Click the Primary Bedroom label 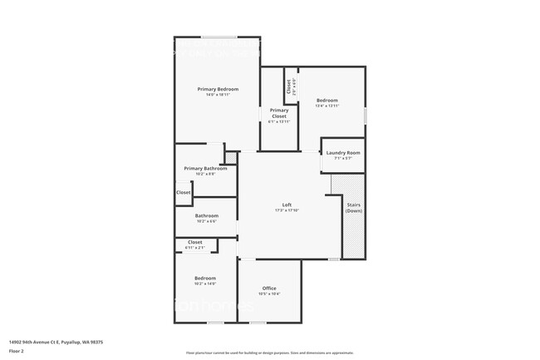[x=218, y=89]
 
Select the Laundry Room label [x=342, y=153]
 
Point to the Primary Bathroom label [x=205, y=169]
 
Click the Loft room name [x=287, y=205]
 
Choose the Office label [x=269, y=288]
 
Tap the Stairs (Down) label [x=354, y=207]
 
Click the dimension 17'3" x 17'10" [x=287, y=211]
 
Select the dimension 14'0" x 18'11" [x=218, y=95]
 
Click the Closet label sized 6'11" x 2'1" [x=195, y=243]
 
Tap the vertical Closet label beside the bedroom [x=289, y=85]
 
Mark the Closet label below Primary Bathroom [x=184, y=193]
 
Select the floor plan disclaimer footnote [x=269, y=353]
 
